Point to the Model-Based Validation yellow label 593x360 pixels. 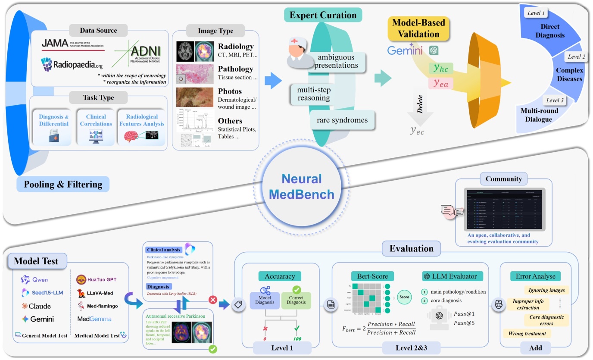418,28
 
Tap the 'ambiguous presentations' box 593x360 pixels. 336,61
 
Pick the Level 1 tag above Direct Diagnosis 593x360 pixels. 536,13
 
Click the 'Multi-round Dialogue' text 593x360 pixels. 538,115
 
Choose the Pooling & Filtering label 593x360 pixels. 63,185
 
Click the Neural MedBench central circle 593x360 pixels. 302,186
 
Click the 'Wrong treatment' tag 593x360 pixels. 527,333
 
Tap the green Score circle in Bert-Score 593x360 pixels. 404,297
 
